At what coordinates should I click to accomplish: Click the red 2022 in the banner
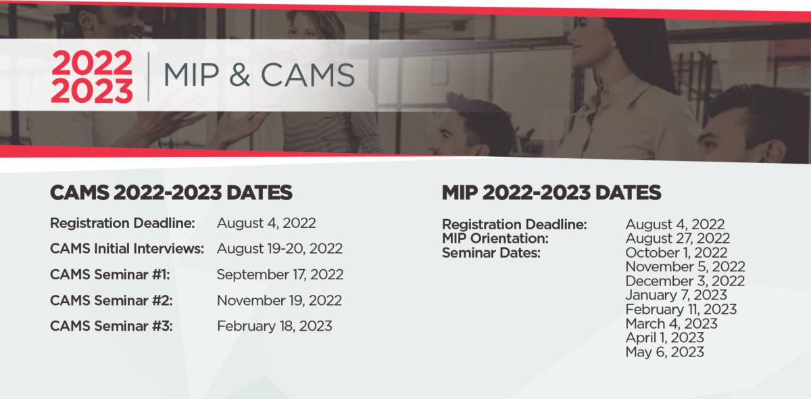92,62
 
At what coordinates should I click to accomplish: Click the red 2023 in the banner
92,91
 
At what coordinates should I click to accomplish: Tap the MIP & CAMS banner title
260,75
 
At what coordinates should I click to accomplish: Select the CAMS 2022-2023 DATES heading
171,193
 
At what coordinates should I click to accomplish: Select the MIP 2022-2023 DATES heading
551,193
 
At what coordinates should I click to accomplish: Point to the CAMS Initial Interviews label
127,249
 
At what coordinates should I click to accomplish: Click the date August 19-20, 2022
280,249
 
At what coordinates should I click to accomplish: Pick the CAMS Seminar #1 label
110,275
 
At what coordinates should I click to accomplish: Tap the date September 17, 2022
280,275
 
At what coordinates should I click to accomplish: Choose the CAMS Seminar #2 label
112,300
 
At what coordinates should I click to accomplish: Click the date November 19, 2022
279,300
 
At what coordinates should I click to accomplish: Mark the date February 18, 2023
274,326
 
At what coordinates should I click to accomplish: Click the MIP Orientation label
495,239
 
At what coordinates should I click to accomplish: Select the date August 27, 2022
677,239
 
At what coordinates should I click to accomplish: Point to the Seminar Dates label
491,253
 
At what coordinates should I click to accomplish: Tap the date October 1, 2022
677,253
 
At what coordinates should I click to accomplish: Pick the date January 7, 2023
676,296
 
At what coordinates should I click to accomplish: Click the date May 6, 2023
665,352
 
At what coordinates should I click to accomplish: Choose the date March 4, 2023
671,324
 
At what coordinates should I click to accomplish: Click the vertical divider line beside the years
149,76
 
